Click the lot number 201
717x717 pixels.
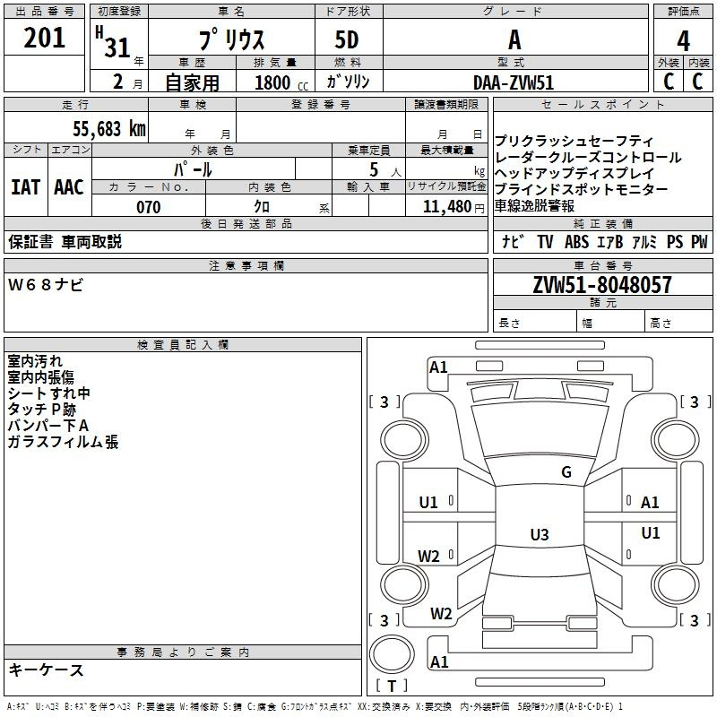click(x=44, y=38)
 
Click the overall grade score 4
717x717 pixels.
click(x=683, y=41)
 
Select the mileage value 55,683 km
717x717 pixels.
click(x=109, y=129)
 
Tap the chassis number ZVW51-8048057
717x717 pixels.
click(x=602, y=285)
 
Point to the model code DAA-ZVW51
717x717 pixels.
click(x=514, y=82)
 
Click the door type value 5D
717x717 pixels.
click(x=347, y=40)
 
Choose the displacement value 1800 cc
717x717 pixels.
click(x=281, y=82)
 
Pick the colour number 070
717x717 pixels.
click(x=149, y=207)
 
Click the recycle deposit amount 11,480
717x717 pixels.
click(x=447, y=207)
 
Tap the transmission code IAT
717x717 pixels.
click(x=26, y=187)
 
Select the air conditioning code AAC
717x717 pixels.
click(x=69, y=187)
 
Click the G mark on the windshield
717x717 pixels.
click(x=566, y=472)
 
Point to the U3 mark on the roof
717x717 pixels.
click(x=540, y=534)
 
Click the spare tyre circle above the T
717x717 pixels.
click(x=392, y=655)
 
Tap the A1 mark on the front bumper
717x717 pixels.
click(x=438, y=367)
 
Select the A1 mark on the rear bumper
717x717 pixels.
click(x=439, y=661)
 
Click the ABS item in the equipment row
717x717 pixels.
click(x=576, y=242)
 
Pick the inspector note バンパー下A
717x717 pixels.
click(x=48, y=426)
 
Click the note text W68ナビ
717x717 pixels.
click(x=46, y=285)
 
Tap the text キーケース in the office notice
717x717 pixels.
click(x=47, y=669)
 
